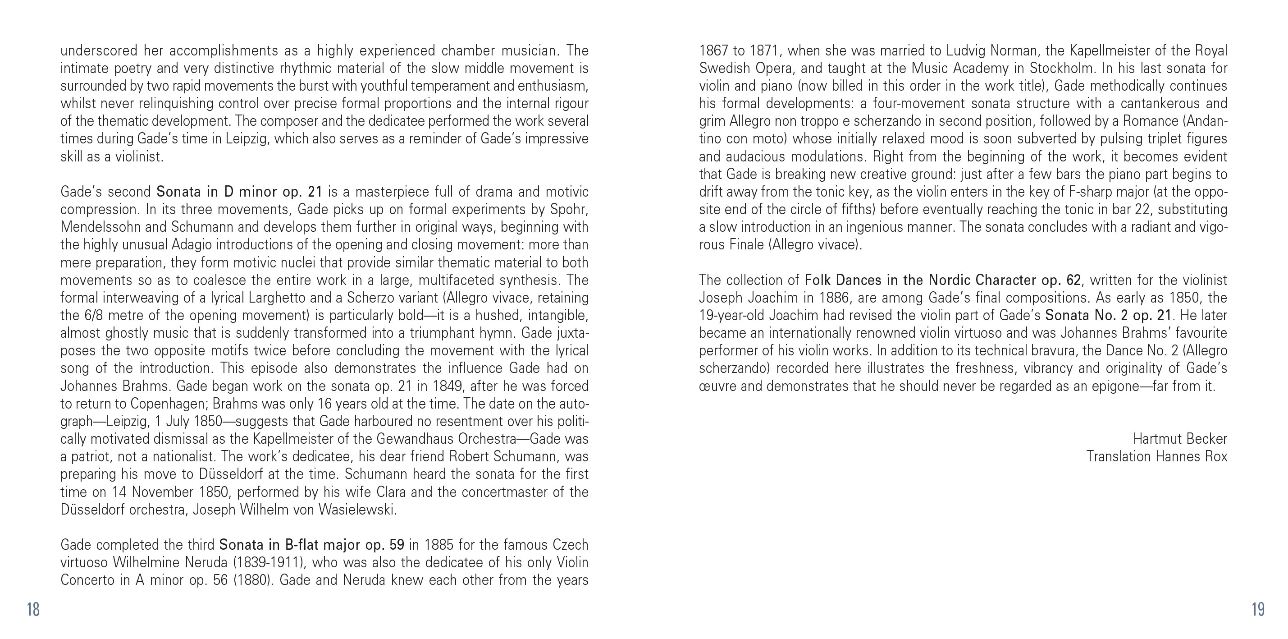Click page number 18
click(33, 610)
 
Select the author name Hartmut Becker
click(1179, 439)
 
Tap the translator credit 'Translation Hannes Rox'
click(1156, 456)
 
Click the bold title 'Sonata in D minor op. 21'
click(239, 192)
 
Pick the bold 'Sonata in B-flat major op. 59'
click(311, 544)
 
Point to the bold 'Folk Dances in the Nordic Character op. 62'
click(942, 280)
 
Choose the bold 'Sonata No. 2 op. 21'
click(1108, 315)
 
